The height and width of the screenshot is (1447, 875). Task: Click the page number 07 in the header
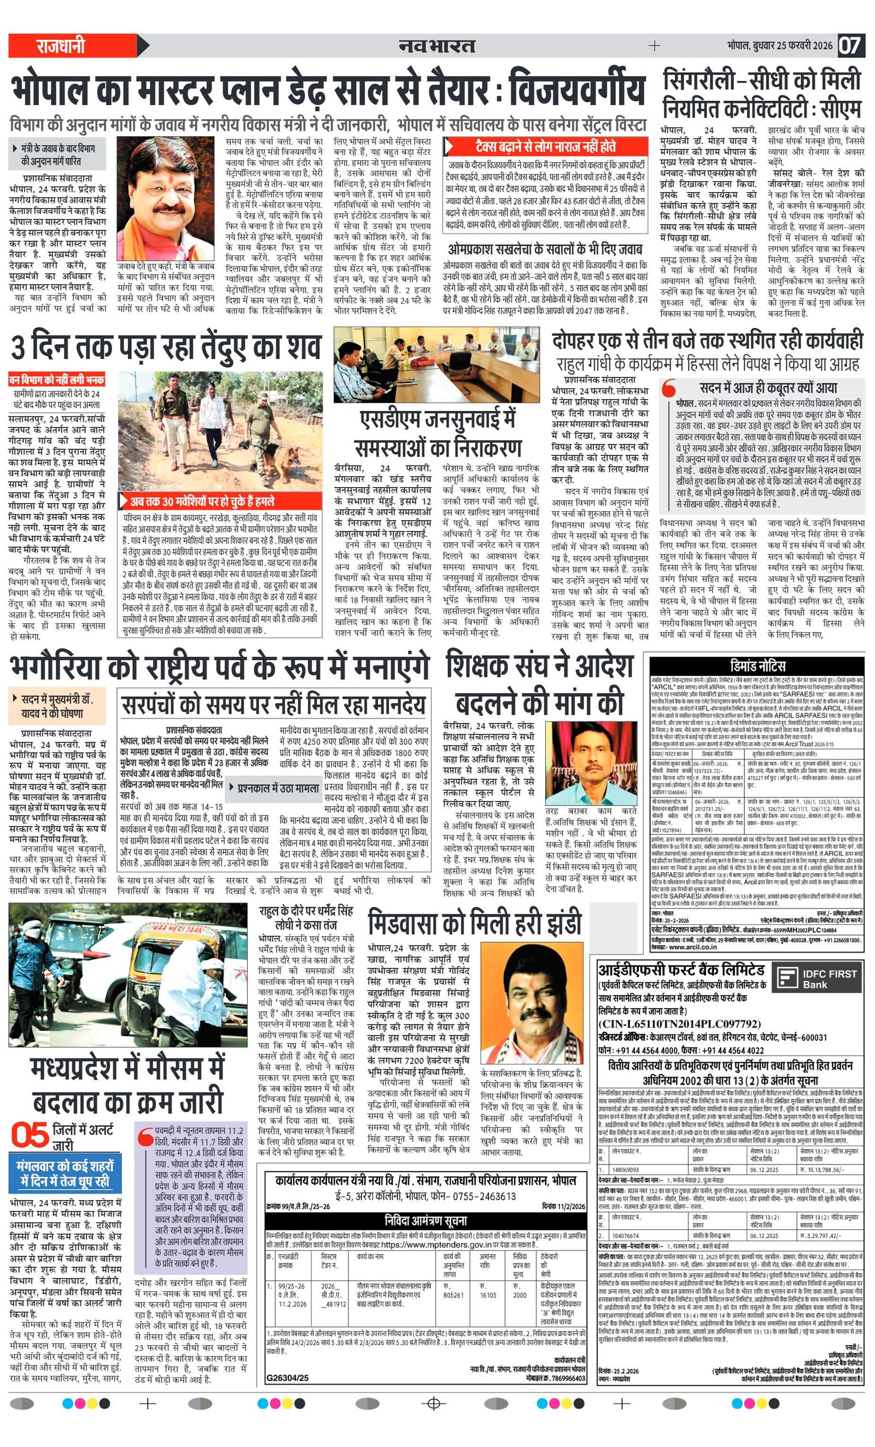point(849,45)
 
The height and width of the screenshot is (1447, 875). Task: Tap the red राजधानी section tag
point(61,45)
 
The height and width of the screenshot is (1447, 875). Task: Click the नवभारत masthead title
point(436,45)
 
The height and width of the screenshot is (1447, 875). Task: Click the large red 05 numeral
point(30,1135)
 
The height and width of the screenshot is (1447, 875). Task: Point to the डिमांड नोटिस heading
point(757,666)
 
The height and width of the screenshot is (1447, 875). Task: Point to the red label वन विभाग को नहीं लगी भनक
point(56,379)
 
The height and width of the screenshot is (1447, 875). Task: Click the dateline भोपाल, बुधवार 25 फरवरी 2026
point(780,45)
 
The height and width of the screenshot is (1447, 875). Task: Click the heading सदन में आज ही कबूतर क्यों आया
point(768,387)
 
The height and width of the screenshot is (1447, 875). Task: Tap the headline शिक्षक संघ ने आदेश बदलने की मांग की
point(539,684)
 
